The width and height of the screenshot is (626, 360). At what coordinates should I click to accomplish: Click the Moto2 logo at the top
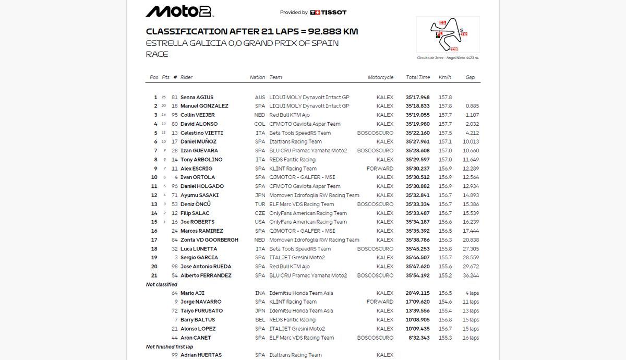(x=179, y=11)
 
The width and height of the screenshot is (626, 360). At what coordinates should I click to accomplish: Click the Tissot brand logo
(x=328, y=13)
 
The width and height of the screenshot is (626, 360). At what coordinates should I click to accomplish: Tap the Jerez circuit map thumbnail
(x=448, y=34)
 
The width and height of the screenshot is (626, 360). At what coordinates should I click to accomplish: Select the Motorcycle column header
(x=380, y=77)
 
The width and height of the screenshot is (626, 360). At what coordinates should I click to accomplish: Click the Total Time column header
(x=418, y=77)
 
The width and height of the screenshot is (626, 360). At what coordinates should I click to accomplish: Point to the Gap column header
(x=470, y=77)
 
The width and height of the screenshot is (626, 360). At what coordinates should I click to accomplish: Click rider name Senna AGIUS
(x=197, y=98)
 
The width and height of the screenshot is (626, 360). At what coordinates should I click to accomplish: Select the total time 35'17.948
(x=417, y=98)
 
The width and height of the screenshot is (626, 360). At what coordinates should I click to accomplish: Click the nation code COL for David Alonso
(x=260, y=124)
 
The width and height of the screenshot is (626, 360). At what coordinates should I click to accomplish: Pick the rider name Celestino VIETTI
(x=201, y=133)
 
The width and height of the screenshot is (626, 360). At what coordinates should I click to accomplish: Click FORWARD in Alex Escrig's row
(x=380, y=169)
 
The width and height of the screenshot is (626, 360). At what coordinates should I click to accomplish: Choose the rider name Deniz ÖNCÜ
(x=196, y=204)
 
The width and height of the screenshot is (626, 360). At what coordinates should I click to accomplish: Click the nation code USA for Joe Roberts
(x=260, y=222)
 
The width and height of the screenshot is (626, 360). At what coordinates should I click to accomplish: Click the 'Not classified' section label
(x=162, y=284)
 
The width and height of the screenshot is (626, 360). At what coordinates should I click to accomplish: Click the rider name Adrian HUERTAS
(x=201, y=355)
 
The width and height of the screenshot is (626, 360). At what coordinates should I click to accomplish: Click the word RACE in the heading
(x=157, y=54)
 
